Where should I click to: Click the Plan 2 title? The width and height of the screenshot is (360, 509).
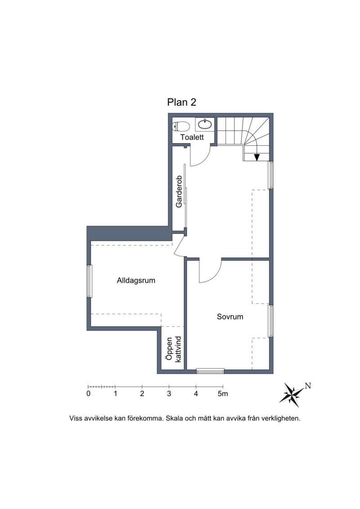click(181, 102)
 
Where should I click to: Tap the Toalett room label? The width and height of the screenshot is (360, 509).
click(192, 137)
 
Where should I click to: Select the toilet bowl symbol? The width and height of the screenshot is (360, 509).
click(181, 126)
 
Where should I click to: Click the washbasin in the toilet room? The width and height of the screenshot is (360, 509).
click(205, 124)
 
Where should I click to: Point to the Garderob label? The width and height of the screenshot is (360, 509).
click(179, 192)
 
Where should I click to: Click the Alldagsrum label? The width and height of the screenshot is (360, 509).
click(136, 280)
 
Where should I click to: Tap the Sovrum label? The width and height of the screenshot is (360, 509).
click(230, 316)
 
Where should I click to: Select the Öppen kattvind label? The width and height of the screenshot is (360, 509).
click(173, 349)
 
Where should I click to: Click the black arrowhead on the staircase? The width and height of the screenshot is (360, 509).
click(257, 158)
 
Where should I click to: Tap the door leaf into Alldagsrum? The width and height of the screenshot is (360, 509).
click(179, 245)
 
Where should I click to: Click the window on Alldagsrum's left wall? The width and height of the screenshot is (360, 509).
click(89, 281)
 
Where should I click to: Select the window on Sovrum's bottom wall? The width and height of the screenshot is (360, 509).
click(210, 371)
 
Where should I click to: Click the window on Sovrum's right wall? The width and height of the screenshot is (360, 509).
click(271, 321)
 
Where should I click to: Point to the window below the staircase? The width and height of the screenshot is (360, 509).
click(271, 175)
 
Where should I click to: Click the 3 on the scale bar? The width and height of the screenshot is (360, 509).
click(169, 394)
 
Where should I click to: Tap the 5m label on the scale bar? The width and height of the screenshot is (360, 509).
click(223, 394)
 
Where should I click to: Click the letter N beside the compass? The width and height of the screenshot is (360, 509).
click(308, 386)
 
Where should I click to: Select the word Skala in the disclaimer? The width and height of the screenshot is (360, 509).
click(174, 419)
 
